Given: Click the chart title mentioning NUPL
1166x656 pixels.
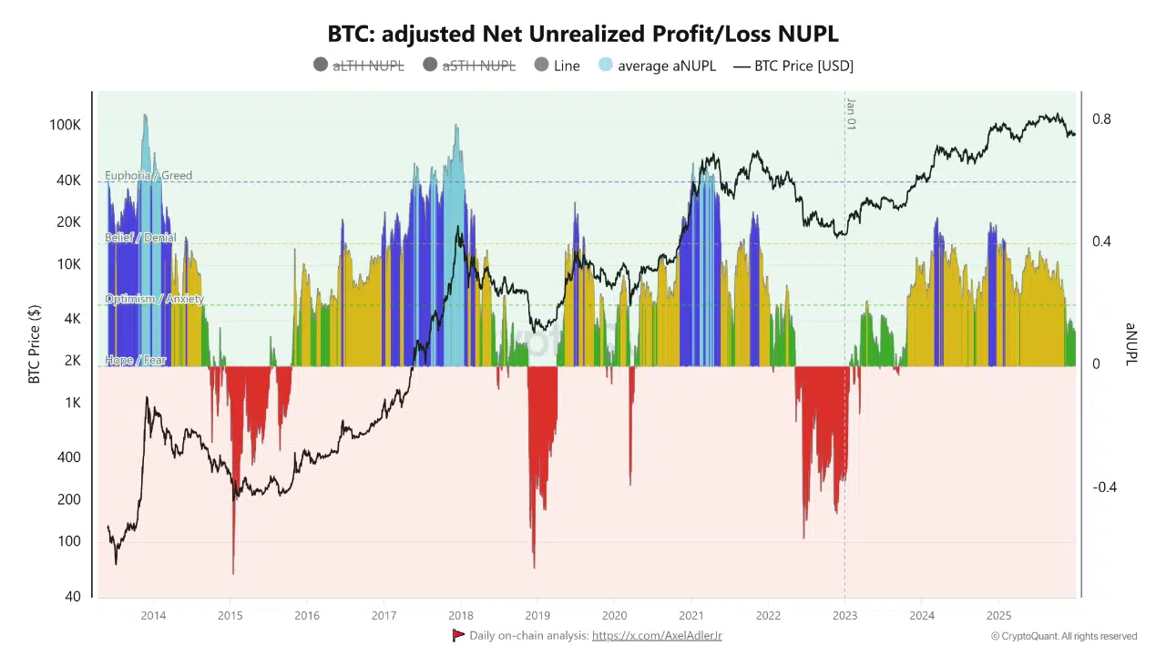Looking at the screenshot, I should (x=583, y=34).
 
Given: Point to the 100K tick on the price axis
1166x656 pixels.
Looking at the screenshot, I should (x=65, y=125).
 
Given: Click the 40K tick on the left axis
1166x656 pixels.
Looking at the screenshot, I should (x=68, y=180).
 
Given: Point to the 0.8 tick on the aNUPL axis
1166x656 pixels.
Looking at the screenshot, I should (x=1101, y=119).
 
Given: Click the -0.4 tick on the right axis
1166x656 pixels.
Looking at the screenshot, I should (x=1104, y=487).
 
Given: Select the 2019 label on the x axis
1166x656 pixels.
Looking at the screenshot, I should (x=537, y=615).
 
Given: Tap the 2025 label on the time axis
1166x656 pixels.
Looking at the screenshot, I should (x=998, y=615).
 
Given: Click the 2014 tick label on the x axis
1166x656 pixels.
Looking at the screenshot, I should (x=153, y=615).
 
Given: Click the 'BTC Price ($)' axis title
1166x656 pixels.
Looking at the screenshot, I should (x=35, y=344).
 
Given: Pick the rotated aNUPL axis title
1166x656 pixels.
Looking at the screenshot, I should (x=1131, y=344).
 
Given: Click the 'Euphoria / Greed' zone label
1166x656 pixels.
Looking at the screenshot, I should (x=148, y=176).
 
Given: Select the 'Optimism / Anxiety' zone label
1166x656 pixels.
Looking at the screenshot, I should (x=154, y=299).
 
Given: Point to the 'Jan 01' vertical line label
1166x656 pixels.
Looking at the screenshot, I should (x=851, y=113).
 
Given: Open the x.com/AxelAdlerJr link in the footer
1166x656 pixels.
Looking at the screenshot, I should (x=657, y=635).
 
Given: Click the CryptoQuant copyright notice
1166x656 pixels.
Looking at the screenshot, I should (x=1064, y=636).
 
